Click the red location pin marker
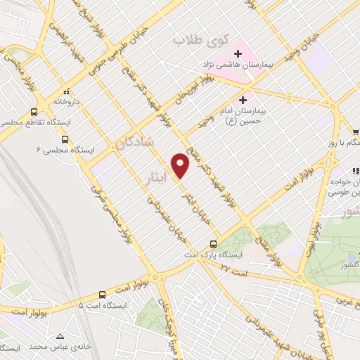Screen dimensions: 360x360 point(181,165)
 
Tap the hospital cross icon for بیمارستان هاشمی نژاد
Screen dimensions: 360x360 point(238,53)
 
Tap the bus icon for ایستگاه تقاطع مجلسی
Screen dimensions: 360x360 point(34,112)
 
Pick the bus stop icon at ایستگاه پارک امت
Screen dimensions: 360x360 point(213,244)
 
